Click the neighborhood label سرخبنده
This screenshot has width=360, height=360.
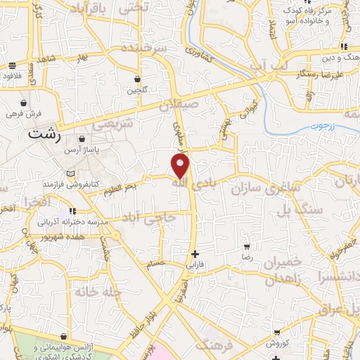tap(143, 49)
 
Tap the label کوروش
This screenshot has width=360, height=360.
tap(278, 344)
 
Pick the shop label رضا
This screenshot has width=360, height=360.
tap(247, 258)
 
